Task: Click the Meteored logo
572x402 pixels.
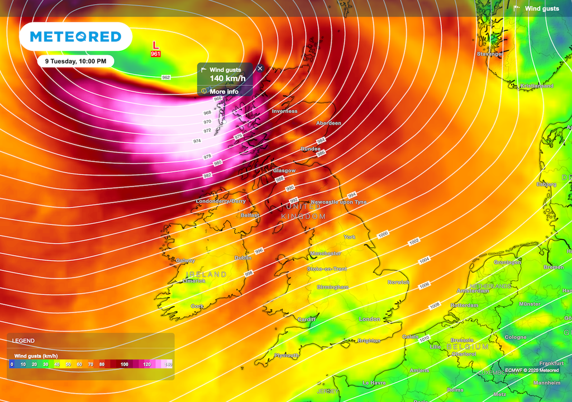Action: click(x=75, y=37)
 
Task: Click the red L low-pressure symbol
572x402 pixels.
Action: click(x=155, y=45)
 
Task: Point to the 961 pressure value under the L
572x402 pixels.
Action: click(x=156, y=54)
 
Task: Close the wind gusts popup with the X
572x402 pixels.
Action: click(x=260, y=68)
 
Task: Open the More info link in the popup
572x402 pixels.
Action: click(x=224, y=92)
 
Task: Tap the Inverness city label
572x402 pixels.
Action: click(x=285, y=111)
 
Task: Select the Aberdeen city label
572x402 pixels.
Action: click(x=328, y=123)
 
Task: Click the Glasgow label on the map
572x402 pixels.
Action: click(x=284, y=170)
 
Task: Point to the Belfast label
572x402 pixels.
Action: click(x=250, y=215)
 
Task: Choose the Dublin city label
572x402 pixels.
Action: click(x=243, y=258)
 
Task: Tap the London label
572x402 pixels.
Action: click(x=369, y=319)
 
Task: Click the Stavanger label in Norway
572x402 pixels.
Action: click(x=490, y=54)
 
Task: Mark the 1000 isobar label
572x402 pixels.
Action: click(x=383, y=234)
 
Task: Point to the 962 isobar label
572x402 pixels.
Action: click(x=166, y=78)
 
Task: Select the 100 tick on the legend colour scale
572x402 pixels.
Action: click(x=125, y=364)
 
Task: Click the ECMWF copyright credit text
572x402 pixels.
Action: click(x=532, y=370)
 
